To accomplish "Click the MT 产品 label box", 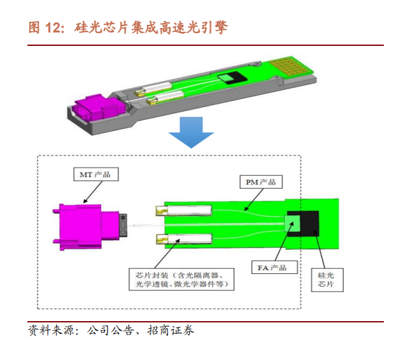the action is click(95, 174).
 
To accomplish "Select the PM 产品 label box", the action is click(261, 182).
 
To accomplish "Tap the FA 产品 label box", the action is click(274, 267).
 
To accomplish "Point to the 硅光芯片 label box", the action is click(327, 280).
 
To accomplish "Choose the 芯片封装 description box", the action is click(181, 279).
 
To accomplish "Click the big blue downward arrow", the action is click(191, 133).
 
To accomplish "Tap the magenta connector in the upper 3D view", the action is click(99, 108).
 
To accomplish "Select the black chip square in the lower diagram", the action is click(309, 224).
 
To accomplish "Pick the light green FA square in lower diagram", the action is click(292, 224).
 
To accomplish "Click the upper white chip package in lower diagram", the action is click(184, 210).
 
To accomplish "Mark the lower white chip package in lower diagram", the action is click(184, 239).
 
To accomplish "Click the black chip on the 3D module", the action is click(232, 78).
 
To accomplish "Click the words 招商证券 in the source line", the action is click(171, 330).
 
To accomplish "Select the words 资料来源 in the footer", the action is click(52, 330).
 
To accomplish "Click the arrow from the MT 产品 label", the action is click(93, 192).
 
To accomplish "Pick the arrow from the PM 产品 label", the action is click(254, 199).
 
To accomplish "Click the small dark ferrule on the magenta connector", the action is click(123, 225).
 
